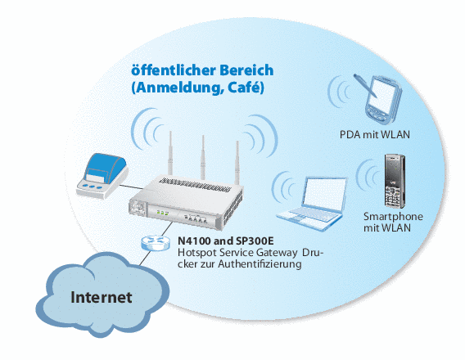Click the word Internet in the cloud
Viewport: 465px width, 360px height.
click(102, 297)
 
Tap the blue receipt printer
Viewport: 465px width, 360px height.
click(102, 175)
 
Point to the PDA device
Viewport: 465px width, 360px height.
click(383, 100)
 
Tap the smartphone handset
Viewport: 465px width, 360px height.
click(395, 181)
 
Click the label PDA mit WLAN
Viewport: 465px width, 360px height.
click(375, 135)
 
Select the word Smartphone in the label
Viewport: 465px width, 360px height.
click(393, 217)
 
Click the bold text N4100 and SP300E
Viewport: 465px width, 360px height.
click(226, 241)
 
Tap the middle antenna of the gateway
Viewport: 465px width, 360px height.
click(203, 157)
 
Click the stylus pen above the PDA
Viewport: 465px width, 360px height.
click(365, 86)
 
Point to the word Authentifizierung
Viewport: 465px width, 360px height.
click(260, 263)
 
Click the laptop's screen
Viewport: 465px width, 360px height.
click(324, 195)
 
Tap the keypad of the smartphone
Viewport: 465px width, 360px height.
click(392, 197)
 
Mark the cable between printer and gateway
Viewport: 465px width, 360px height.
click(133, 186)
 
